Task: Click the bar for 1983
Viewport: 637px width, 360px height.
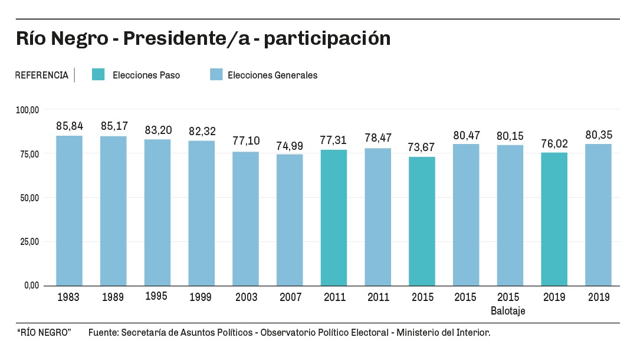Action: pos(69,211)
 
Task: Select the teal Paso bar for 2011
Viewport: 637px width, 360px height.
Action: pos(334,218)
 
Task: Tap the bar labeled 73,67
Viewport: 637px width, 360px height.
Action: pos(422,221)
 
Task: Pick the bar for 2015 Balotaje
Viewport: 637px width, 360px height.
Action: pos(510,215)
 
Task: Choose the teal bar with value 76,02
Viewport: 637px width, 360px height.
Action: pos(554,219)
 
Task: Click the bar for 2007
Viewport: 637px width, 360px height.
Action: pos(290,220)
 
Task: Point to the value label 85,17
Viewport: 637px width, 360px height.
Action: pos(113,126)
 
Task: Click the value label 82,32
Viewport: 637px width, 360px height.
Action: pos(202,131)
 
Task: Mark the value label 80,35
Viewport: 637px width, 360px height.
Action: pos(598,135)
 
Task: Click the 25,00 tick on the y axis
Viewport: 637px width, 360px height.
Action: pos(28,241)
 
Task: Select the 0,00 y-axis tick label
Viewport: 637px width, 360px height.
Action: pos(31,286)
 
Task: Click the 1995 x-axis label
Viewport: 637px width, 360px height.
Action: pos(156,296)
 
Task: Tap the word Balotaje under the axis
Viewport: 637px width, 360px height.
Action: pos(508,310)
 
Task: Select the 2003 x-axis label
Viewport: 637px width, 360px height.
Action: pos(245,297)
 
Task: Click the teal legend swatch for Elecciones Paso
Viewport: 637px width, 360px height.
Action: pos(98,75)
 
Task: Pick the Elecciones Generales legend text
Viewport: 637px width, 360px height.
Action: pos(272,76)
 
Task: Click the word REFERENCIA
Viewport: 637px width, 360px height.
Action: pos(41,76)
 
